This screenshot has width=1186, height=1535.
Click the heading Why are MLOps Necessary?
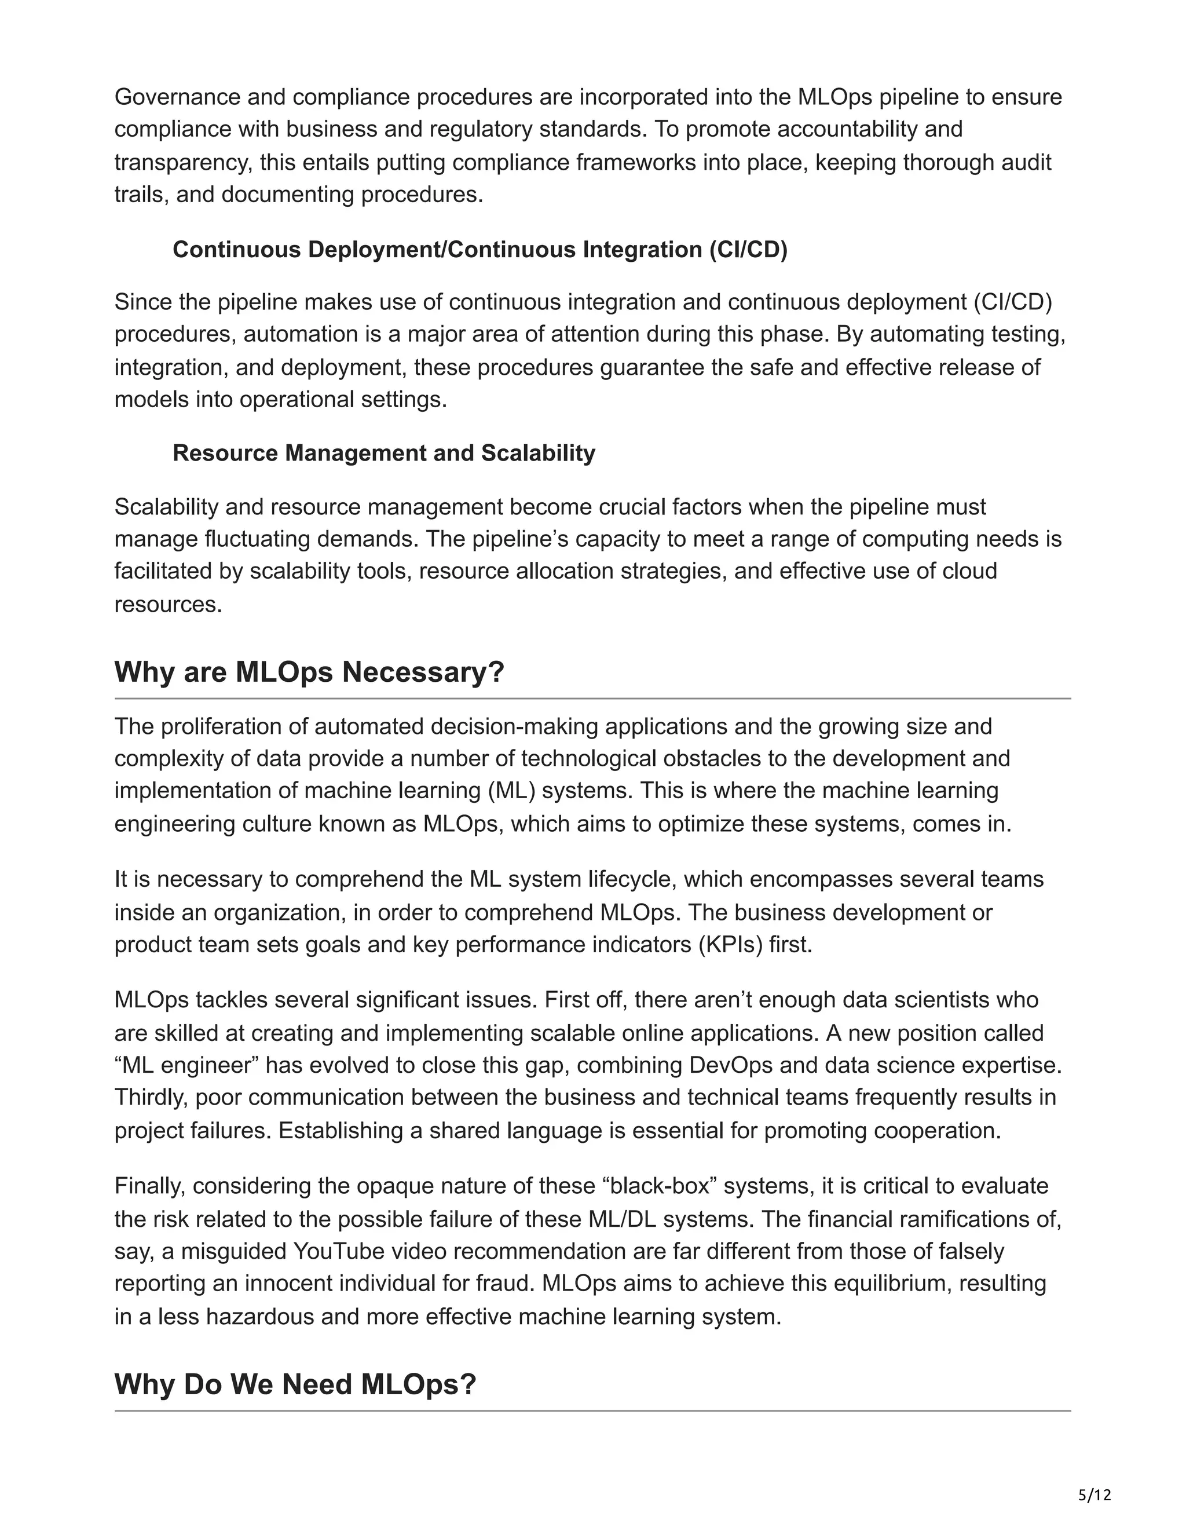(309, 672)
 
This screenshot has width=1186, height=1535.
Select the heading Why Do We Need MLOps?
(295, 1384)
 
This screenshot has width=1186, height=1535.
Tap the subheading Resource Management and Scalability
(383, 454)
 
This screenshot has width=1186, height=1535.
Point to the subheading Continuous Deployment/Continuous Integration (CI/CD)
(480, 250)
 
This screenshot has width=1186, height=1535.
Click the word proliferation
(230, 726)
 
